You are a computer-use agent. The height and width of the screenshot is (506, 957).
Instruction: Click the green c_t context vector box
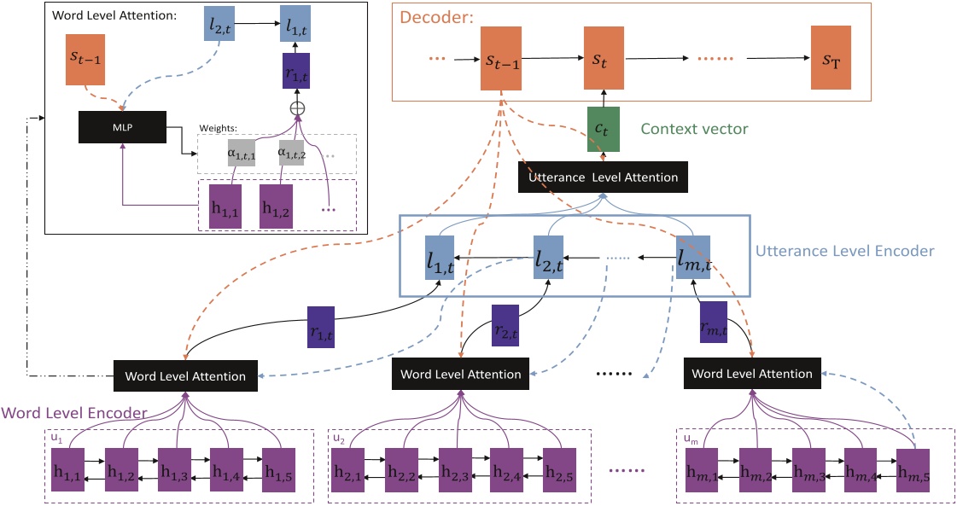[603, 129]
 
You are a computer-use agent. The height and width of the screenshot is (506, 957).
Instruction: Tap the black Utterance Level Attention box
[604, 177]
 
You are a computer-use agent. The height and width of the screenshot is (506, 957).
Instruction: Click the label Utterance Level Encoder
[845, 252]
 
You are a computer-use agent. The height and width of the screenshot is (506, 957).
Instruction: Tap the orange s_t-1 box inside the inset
[85, 60]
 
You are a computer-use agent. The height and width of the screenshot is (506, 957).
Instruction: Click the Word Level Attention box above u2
[460, 374]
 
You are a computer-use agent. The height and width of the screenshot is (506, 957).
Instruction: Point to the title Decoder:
[445, 14]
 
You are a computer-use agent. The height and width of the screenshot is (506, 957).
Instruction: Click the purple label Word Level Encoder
[75, 413]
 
